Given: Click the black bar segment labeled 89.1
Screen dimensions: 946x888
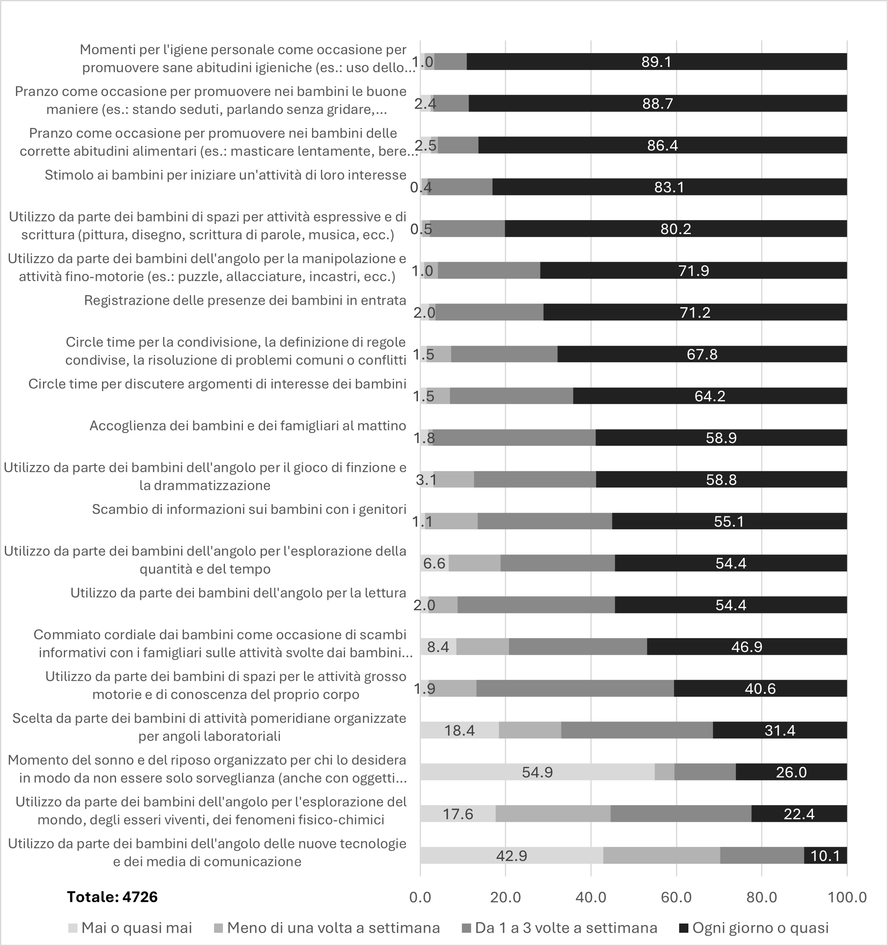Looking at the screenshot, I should pyautogui.click(x=656, y=62).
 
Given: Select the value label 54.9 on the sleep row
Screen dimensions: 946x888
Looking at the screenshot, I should pyautogui.click(x=537, y=772).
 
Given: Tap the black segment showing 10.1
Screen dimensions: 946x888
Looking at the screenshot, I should pyautogui.click(x=825, y=856).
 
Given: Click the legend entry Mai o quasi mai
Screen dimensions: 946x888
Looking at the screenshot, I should pyautogui.click(x=136, y=928).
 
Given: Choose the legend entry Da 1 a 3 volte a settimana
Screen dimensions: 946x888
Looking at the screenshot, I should pyautogui.click(x=566, y=928).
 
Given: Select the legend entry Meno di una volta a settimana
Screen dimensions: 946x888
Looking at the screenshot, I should pyautogui.click(x=333, y=928).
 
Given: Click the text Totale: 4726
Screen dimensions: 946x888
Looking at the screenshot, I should pyautogui.click(x=112, y=897).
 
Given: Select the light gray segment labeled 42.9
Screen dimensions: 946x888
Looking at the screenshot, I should pyautogui.click(x=512, y=856).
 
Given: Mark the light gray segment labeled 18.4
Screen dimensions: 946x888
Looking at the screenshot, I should pyautogui.click(x=459, y=730).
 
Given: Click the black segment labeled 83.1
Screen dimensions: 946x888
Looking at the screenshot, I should pyautogui.click(x=669, y=187).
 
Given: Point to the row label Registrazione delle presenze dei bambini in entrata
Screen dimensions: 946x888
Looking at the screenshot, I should pyautogui.click(x=245, y=300).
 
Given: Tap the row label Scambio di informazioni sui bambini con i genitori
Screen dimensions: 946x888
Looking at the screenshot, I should pyautogui.click(x=249, y=509).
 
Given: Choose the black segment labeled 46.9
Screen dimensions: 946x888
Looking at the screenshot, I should pyautogui.click(x=747, y=647).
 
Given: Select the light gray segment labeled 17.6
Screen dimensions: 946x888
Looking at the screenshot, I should pyautogui.click(x=458, y=814).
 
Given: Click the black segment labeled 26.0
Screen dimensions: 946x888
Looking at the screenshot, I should pyautogui.click(x=791, y=772).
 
